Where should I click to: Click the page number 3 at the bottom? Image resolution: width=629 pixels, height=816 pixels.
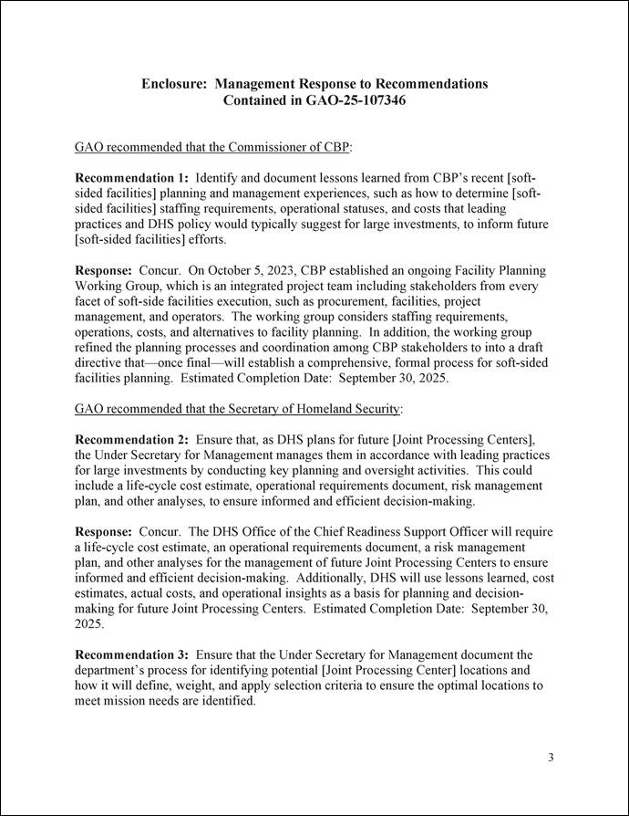coord(551,758)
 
